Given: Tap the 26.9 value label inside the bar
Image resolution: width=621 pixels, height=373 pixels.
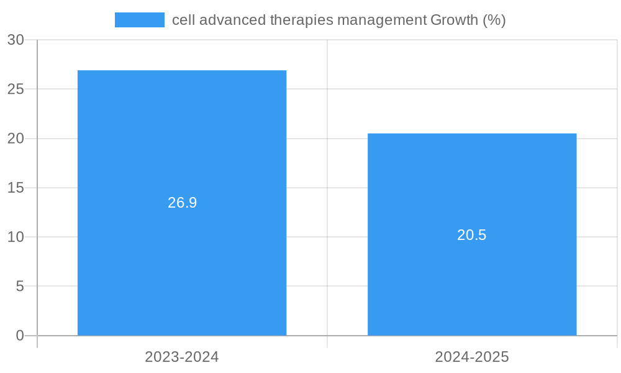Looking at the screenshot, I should click(x=182, y=203).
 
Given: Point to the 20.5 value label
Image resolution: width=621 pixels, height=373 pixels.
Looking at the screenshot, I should click(x=472, y=235).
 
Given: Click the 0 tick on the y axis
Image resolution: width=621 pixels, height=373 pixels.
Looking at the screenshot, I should click(x=19, y=336).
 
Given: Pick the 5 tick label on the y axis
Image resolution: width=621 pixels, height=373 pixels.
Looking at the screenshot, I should click(x=19, y=287).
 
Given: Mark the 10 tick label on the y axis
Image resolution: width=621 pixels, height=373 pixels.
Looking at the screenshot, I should click(x=16, y=237).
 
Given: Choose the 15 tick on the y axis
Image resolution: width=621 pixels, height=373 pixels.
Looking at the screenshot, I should click(x=16, y=188).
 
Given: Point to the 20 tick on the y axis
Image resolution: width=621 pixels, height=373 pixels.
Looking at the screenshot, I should click(x=16, y=139).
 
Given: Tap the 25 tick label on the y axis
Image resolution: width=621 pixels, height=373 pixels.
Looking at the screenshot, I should click(x=16, y=89).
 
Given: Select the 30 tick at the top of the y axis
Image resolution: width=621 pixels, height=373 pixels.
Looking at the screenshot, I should click(x=16, y=40).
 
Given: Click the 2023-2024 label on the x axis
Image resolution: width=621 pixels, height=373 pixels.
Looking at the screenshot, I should click(x=182, y=357).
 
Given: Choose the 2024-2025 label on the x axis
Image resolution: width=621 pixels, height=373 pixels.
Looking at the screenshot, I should click(x=472, y=357).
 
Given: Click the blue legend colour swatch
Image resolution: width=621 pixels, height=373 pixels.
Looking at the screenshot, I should click(x=140, y=20).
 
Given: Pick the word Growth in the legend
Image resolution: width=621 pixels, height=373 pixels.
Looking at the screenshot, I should click(x=454, y=20).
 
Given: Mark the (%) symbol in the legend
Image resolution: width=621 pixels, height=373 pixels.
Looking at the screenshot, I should click(x=494, y=20).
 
